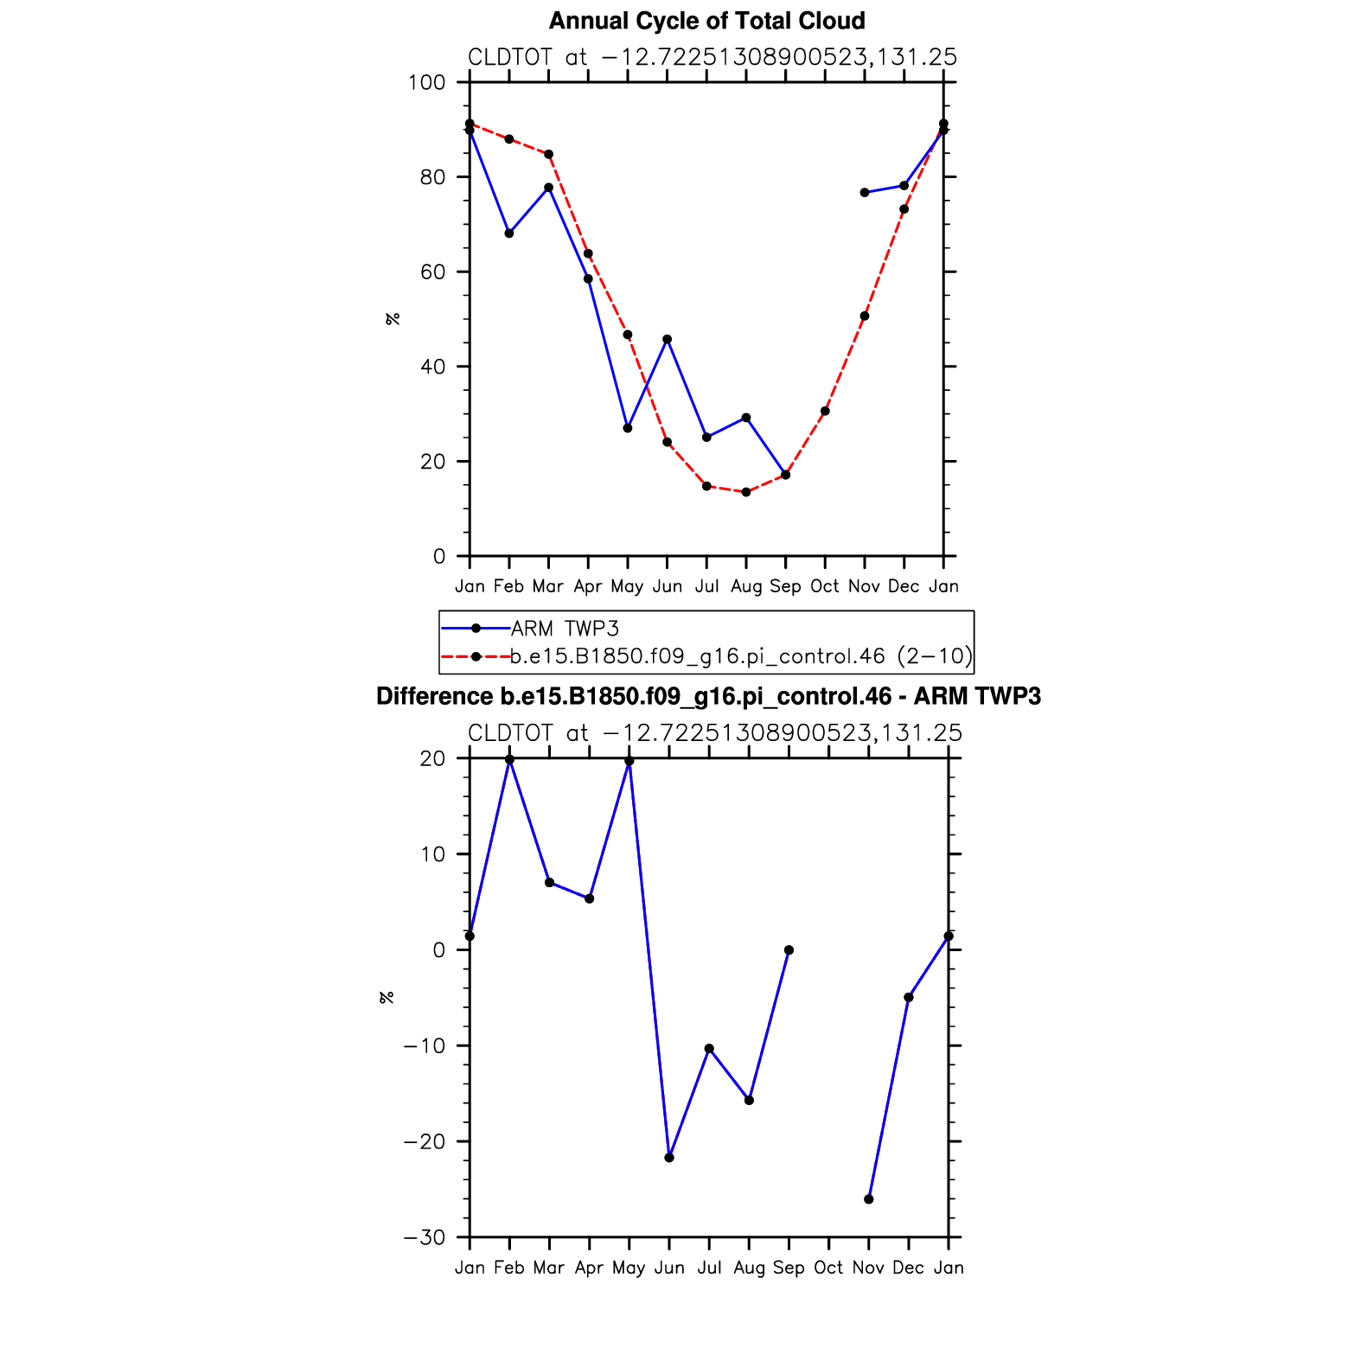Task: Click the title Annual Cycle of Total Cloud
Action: (x=706, y=21)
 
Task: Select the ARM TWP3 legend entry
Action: (x=565, y=629)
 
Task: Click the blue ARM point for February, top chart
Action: (x=509, y=233)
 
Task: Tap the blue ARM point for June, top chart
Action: (x=667, y=339)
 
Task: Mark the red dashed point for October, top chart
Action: (x=825, y=411)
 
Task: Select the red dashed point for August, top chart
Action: (x=746, y=492)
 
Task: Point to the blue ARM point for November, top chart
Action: (x=865, y=193)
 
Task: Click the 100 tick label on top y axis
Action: (x=427, y=83)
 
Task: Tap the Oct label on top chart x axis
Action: (x=825, y=586)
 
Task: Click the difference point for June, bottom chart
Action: (x=669, y=1158)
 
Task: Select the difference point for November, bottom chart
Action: (x=869, y=1199)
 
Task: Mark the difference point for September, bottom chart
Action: (x=789, y=950)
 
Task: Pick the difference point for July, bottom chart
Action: (x=709, y=1049)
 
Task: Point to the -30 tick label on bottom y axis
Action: (x=425, y=1237)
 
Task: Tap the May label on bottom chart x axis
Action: (x=629, y=1268)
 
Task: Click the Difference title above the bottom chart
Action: (x=708, y=697)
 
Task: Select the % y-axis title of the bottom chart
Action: (x=387, y=998)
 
